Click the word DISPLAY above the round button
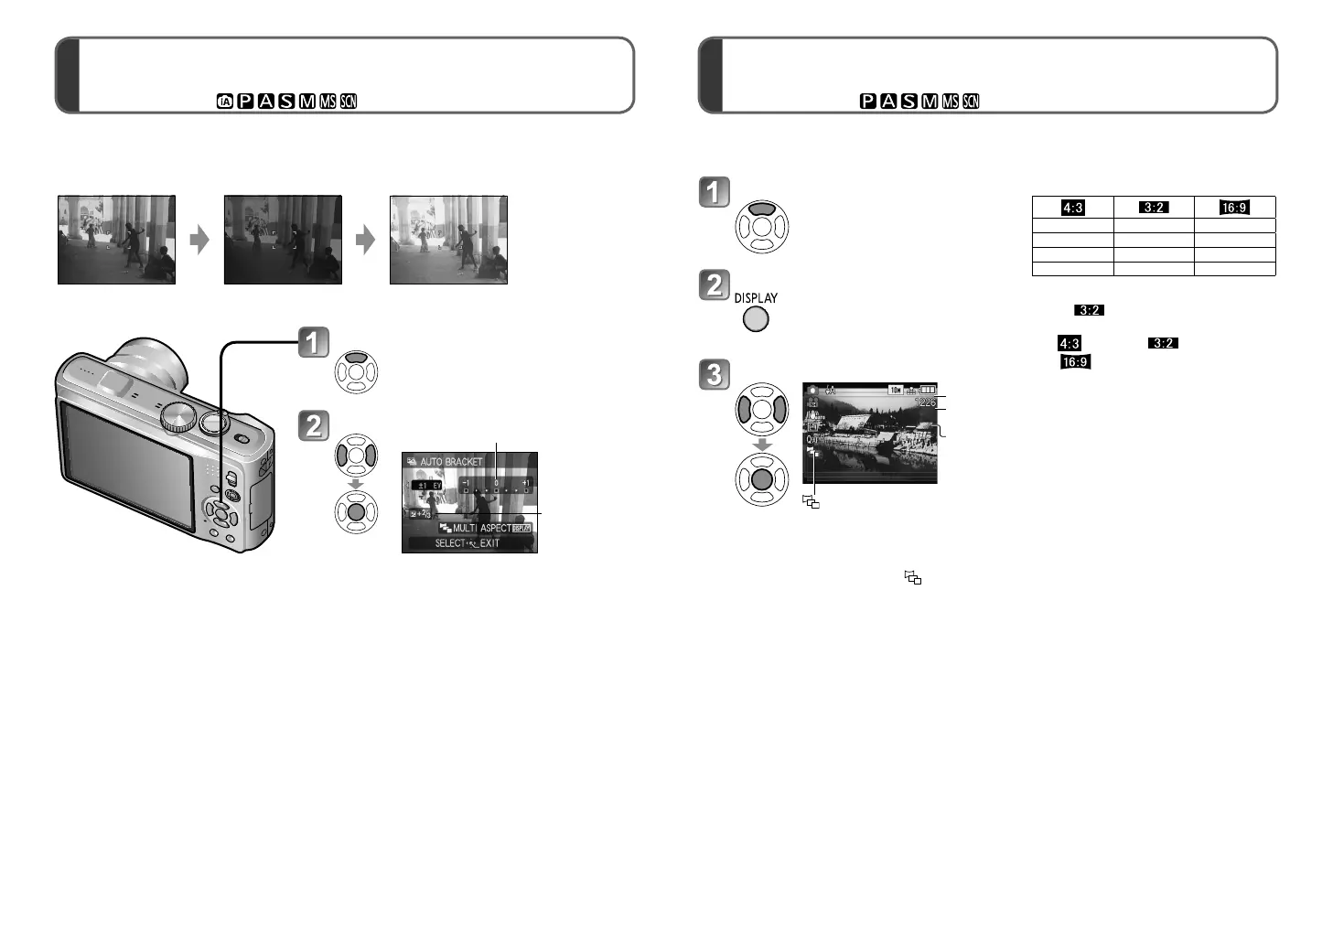coord(756,298)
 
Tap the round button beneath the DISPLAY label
coord(756,319)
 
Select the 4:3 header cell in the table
coord(1072,208)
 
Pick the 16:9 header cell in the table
coord(1234,208)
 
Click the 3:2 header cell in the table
coord(1154,208)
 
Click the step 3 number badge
coord(715,373)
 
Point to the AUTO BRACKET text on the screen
coord(451,462)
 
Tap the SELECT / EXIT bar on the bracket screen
coord(468,543)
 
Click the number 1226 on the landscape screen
coord(926,402)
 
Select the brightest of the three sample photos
coord(448,240)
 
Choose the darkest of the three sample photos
coord(283,240)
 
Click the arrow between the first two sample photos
coord(199,240)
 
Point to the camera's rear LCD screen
coord(128,467)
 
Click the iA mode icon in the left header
coord(225,102)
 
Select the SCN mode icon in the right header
coord(972,102)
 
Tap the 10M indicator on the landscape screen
coord(896,390)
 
